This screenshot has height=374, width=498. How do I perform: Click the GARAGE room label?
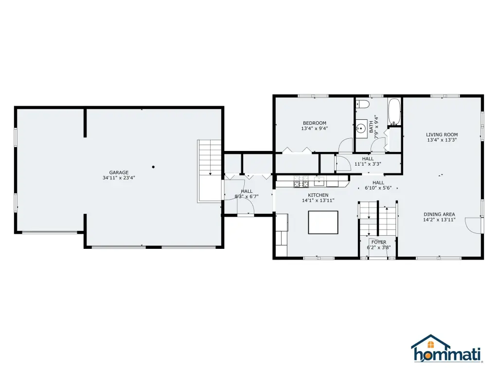pyautogui.click(x=119, y=173)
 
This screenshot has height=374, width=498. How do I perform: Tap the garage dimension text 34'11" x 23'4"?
pyautogui.click(x=119, y=178)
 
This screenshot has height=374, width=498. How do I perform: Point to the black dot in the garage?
pyautogui.click(x=153, y=167)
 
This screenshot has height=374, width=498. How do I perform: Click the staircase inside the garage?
pyautogui.click(x=209, y=171)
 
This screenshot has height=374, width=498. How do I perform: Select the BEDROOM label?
pyautogui.click(x=315, y=123)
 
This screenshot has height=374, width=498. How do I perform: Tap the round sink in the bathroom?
pyautogui.click(x=361, y=129)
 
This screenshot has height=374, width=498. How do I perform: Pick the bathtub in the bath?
pyautogui.click(x=394, y=112)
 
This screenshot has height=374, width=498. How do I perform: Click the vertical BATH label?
pyautogui.click(x=371, y=127)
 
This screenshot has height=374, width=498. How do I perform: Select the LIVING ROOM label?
pyautogui.click(x=442, y=134)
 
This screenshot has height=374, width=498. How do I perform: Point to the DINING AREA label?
pyautogui.click(x=439, y=214)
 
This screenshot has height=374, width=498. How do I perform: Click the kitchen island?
pyautogui.click(x=323, y=222)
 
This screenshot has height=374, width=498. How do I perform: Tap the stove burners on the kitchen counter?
pyautogui.click(x=301, y=181)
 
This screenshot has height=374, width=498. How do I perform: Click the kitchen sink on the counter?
pyautogui.click(x=319, y=181)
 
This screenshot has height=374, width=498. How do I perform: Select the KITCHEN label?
pyautogui.click(x=318, y=195)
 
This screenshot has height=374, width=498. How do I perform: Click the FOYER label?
pyautogui.click(x=379, y=243)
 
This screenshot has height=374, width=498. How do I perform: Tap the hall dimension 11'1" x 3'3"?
pyautogui.click(x=368, y=164)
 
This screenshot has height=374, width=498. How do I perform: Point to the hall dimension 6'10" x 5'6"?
pyautogui.click(x=378, y=188)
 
